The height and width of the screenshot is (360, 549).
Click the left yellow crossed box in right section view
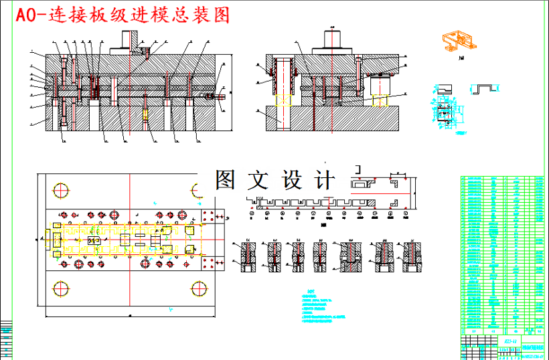tap(283, 101)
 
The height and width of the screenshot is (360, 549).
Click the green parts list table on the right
tap(502, 254)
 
